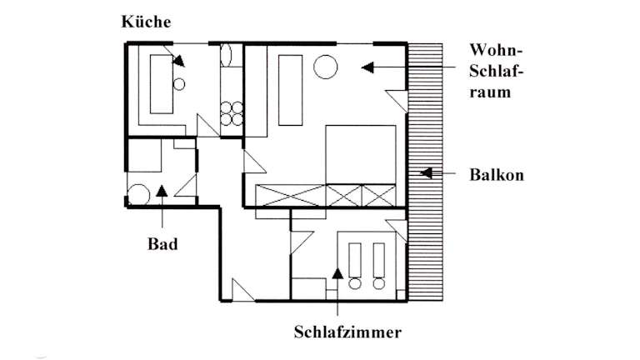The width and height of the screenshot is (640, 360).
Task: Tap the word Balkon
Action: (496, 176)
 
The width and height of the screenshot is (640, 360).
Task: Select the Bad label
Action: (162, 245)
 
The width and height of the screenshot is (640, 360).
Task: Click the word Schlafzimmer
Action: (347, 332)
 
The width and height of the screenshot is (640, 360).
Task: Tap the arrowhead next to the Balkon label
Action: (426, 175)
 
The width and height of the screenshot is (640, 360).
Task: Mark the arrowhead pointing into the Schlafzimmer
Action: (337, 271)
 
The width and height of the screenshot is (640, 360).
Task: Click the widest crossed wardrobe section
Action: (291, 196)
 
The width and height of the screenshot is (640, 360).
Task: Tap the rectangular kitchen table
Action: (160, 85)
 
